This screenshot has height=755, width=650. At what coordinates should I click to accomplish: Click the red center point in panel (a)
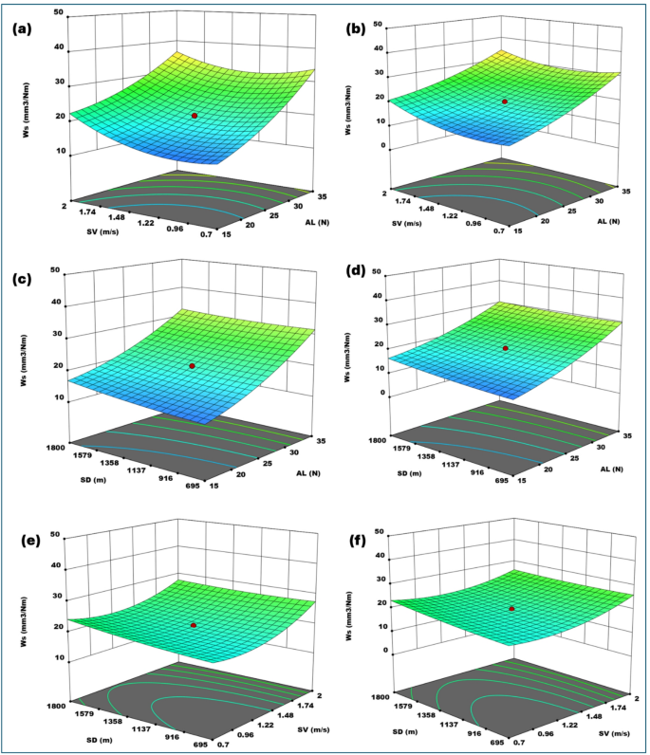click(x=195, y=116)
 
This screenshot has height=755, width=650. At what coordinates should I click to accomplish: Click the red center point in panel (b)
click(x=505, y=101)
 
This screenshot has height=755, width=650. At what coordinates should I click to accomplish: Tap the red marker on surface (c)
click(x=193, y=366)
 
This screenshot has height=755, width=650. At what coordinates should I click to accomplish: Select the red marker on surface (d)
click(x=506, y=348)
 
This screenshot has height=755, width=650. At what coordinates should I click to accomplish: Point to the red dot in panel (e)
click(x=194, y=626)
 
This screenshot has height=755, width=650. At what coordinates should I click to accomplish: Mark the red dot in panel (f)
click(x=511, y=609)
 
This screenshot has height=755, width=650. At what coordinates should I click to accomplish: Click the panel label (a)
click(x=22, y=28)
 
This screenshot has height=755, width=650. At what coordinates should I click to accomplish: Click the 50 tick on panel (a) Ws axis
click(x=59, y=13)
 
